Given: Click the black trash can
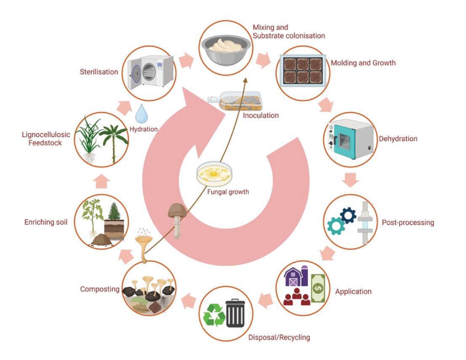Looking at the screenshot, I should [x=235, y=313].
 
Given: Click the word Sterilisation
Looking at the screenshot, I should [x=99, y=72].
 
